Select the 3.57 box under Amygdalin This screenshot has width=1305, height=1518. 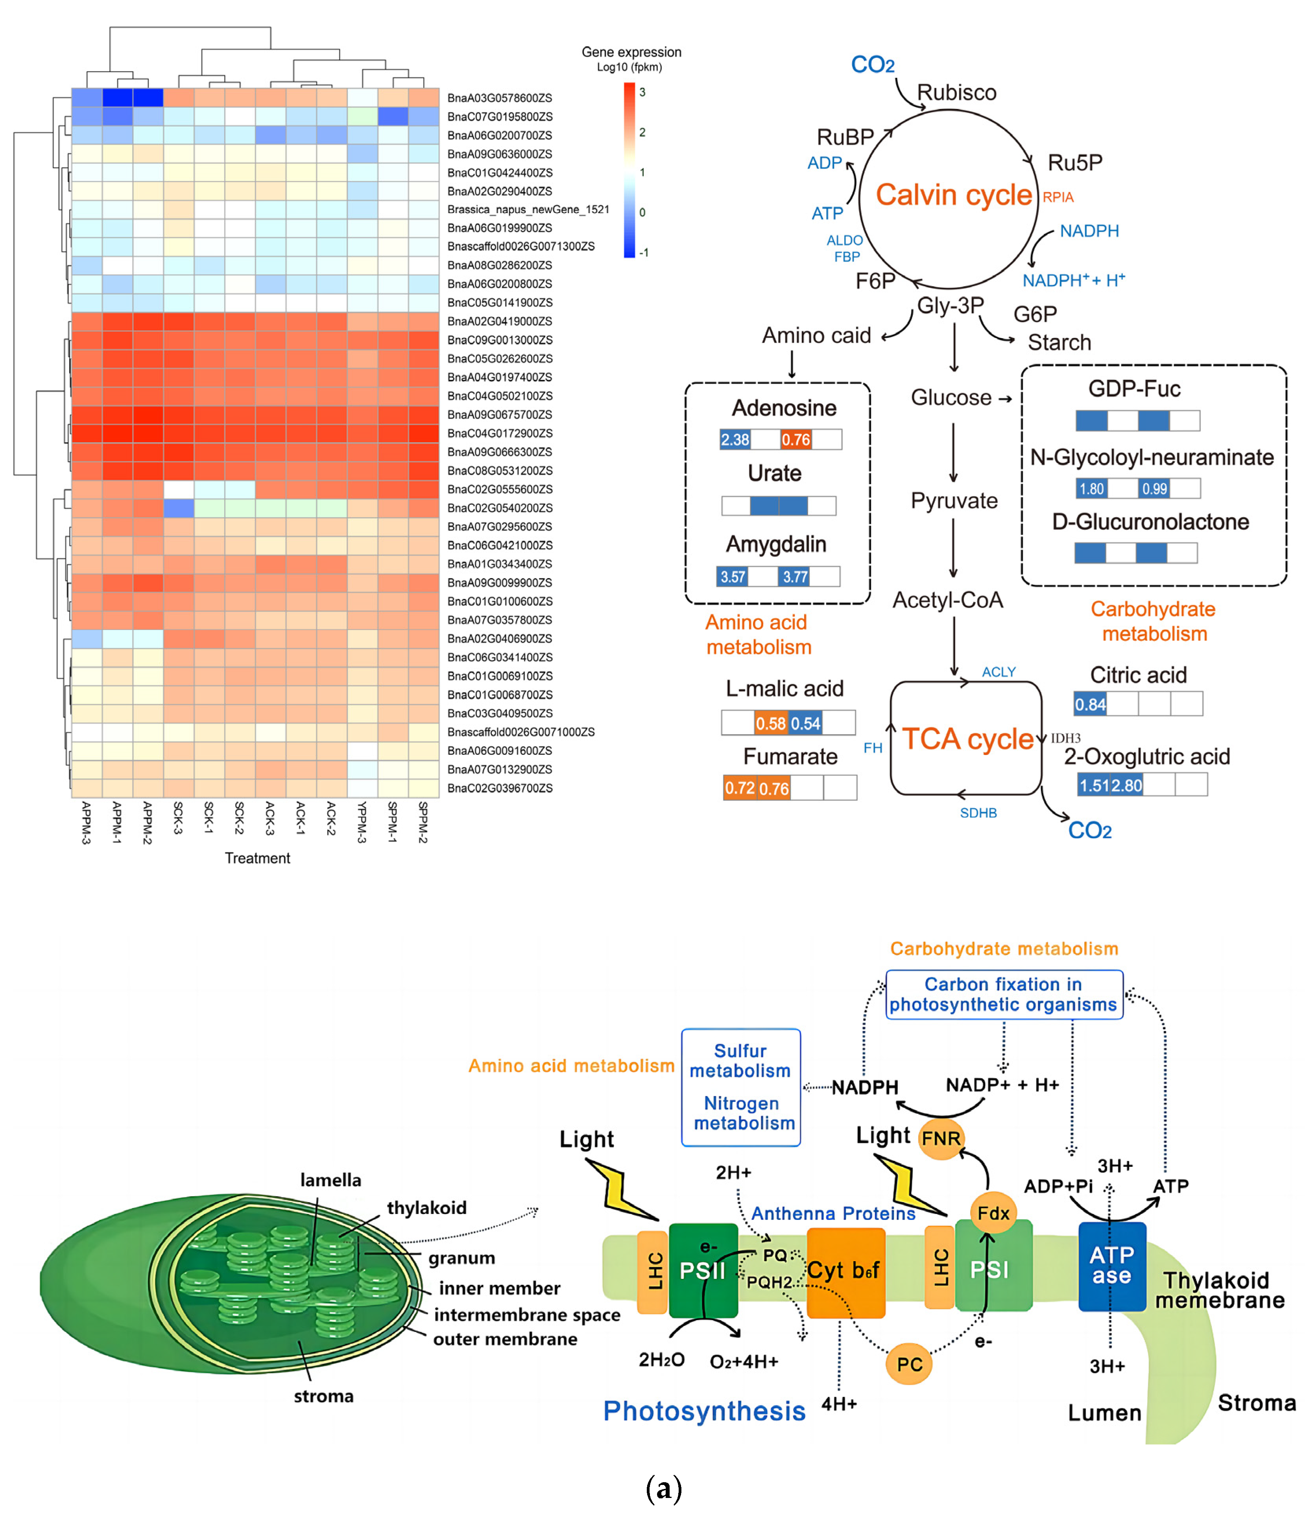point(732,577)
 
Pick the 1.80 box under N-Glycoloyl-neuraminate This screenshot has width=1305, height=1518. point(1091,489)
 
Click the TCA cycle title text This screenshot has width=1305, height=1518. point(967,739)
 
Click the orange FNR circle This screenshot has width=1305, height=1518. point(941,1138)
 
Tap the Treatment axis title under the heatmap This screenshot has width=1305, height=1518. point(257,858)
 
